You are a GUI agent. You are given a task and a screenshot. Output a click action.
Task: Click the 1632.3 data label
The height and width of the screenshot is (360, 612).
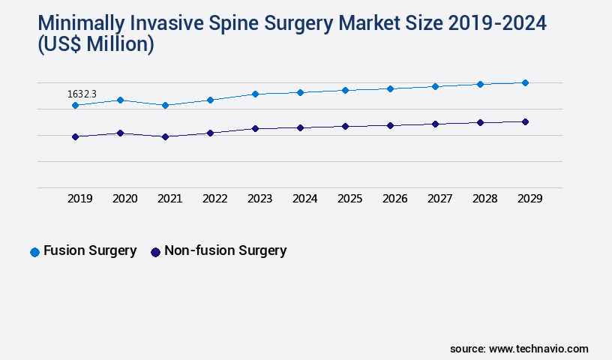[x=82, y=94]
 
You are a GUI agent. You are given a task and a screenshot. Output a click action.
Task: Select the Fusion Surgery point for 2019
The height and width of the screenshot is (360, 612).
[x=75, y=106]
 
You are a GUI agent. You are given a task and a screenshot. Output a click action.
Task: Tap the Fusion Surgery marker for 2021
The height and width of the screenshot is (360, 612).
[x=165, y=106]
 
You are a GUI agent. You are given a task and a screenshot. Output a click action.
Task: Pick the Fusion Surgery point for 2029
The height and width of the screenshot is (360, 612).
[x=525, y=82]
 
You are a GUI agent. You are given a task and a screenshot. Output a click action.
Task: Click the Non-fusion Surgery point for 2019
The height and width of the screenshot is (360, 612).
[x=75, y=136]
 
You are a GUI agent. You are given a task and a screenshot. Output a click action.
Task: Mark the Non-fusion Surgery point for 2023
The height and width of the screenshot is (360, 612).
[x=255, y=128]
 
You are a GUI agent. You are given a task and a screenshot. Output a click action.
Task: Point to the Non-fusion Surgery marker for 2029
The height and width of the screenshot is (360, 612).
[x=525, y=121]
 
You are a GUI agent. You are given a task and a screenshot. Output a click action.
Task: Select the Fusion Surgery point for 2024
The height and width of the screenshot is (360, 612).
[x=300, y=92]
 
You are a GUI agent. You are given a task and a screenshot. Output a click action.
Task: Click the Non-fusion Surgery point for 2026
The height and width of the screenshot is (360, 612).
[x=390, y=125]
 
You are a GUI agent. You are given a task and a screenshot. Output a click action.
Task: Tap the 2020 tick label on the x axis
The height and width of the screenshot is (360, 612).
[x=124, y=199]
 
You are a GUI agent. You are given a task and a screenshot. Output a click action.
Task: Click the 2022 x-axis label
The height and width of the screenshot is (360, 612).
[x=214, y=199]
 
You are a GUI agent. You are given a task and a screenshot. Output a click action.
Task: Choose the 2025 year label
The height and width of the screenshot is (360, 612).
[x=349, y=199]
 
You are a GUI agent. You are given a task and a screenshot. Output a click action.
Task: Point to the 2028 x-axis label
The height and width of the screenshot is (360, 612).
[x=484, y=199]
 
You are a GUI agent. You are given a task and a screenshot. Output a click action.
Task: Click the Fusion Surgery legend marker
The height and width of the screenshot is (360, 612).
[x=34, y=252]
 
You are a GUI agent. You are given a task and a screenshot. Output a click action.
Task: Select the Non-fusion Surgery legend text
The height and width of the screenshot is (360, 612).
[x=225, y=251]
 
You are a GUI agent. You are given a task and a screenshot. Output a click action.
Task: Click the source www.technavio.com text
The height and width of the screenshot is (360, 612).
[x=519, y=349]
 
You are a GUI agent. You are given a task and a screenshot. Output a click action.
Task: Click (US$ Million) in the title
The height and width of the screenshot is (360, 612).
[x=96, y=46]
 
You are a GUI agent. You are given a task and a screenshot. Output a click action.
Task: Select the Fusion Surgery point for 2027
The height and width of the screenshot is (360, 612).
[x=435, y=86]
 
